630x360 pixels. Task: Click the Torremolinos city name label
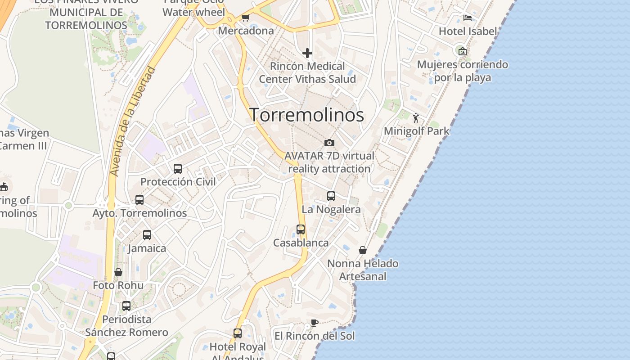point(306,115)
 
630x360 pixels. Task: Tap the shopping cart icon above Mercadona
point(245,18)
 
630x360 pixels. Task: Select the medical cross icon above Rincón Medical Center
point(307,53)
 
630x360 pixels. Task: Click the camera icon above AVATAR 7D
point(329,143)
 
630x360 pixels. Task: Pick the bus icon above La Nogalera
point(331,196)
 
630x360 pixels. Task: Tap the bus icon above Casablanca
point(301,229)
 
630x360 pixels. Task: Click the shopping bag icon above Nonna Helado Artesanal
point(363,250)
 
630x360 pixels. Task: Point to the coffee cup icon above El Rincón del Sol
point(315,323)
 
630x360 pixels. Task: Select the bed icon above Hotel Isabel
point(468,18)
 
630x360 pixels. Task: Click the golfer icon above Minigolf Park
point(416,118)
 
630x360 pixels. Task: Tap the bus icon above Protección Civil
point(178,169)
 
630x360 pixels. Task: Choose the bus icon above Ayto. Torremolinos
point(139,200)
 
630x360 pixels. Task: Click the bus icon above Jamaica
point(147,235)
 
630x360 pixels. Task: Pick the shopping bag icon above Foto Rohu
point(118,272)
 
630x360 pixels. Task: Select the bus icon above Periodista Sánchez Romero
point(126,306)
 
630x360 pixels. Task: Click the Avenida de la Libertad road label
point(133,121)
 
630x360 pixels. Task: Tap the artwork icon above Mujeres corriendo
point(462,51)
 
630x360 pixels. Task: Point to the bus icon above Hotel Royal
point(238,333)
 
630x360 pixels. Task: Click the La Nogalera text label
point(331,210)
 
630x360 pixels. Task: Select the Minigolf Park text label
point(417,131)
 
